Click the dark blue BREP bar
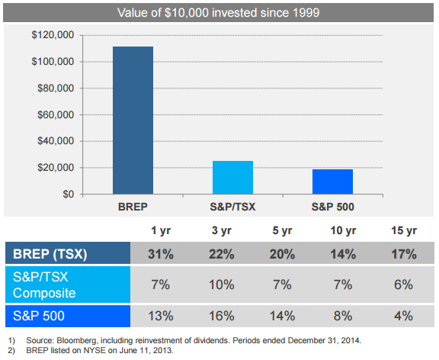click(133, 121)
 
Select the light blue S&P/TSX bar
click(232, 178)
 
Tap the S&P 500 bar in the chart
click(332, 182)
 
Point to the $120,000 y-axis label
click(53, 35)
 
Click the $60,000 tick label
click(56, 114)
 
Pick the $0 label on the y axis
click(68, 194)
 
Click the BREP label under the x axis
click(133, 207)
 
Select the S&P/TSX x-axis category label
click(232, 207)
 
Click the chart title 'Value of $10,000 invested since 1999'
click(219, 13)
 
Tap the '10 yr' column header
click(343, 230)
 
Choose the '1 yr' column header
click(161, 230)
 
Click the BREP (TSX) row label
click(50, 254)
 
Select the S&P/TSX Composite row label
click(44, 284)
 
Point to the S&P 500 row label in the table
click(39, 316)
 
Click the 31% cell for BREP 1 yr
click(161, 254)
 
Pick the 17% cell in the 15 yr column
click(404, 254)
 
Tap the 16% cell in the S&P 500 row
click(222, 316)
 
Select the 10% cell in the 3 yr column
click(222, 284)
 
